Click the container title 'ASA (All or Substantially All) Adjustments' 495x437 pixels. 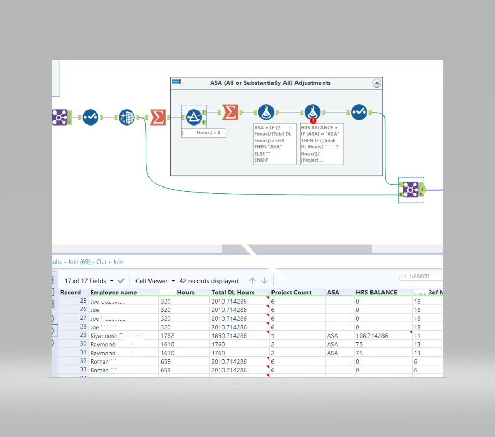tap(270, 83)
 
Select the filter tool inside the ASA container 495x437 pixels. tap(194, 116)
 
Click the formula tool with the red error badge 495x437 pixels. tap(313, 113)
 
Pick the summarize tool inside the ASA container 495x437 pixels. tap(230, 112)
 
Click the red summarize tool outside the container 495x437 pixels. tap(157, 117)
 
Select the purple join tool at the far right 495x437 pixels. tap(411, 190)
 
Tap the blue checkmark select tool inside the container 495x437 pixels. tap(359, 112)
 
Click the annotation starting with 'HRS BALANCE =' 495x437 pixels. tap(321, 144)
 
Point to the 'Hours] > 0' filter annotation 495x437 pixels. tap(203, 133)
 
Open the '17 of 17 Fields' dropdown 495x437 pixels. tap(89, 281)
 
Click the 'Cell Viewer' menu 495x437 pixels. tap(154, 281)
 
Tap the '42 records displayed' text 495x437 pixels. tap(208, 281)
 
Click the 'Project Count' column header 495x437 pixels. tap(291, 292)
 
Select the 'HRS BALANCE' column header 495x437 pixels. tap(376, 292)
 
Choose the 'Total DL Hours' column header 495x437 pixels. tap(232, 292)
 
